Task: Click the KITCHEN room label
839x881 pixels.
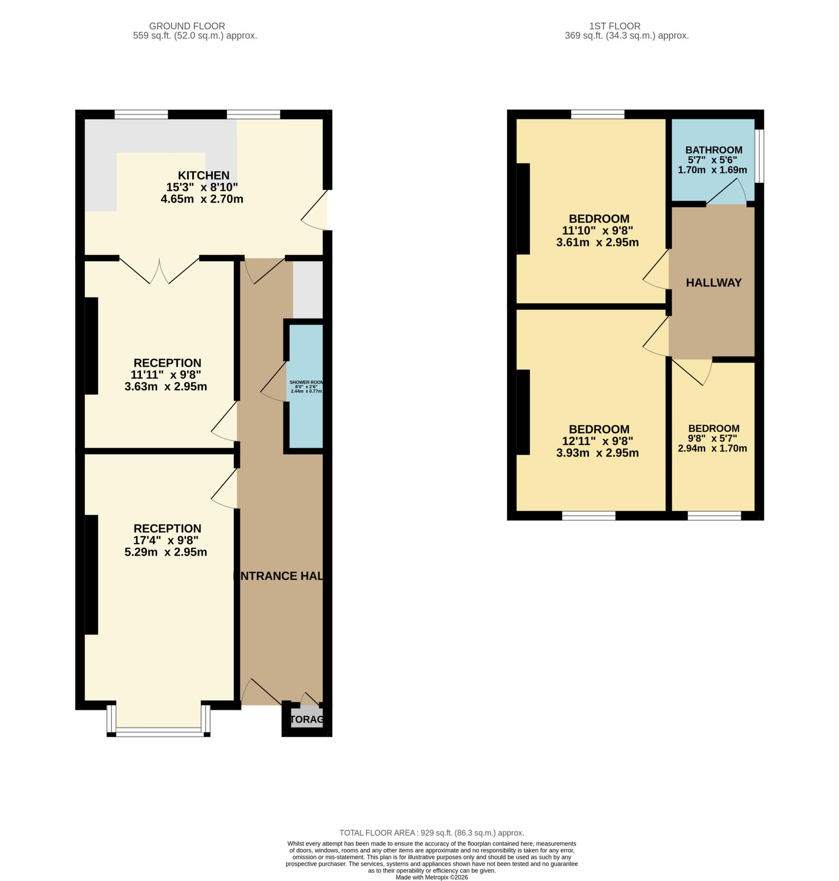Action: [204, 176]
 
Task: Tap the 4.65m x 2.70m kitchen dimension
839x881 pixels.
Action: [202, 199]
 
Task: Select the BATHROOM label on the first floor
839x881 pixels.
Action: [714, 150]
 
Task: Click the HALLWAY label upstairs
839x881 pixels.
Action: [714, 283]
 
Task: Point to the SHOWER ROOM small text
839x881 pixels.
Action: [306, 382]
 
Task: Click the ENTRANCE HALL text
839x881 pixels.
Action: [279, 576]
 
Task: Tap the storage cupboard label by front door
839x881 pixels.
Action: [307, 720]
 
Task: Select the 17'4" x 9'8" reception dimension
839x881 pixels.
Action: [166, 540]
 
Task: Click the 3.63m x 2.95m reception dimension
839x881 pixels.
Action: [166, 386]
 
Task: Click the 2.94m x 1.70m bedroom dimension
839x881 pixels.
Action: [713, 448]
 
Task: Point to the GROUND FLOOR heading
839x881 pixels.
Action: [187, 26]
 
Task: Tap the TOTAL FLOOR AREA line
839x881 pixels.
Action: [432, 833]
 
